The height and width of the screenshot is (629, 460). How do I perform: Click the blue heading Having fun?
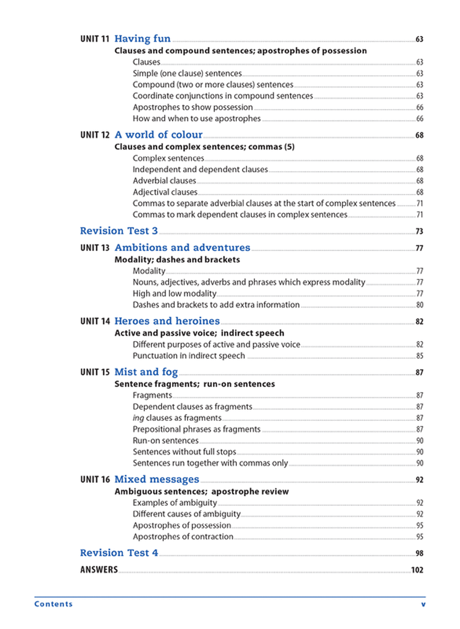tap(143, 39)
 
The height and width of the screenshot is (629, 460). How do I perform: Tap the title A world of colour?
tap(158, 135)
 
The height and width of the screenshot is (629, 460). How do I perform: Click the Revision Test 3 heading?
tap(119, 231)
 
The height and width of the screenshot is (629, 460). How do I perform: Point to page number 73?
tap(419, 231)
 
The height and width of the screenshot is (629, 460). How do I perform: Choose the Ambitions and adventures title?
tap(182, 248)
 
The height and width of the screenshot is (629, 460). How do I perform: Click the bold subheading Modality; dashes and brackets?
tap(177, 259)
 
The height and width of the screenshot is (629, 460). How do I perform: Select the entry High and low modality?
tap(174, 293)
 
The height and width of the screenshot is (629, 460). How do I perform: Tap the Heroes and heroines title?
tap(167, 321)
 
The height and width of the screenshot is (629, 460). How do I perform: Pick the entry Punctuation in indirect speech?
tap(189, 355)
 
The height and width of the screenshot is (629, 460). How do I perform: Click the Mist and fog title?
tap(146, 372)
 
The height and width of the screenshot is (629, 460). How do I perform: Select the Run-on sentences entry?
tap(166, 440)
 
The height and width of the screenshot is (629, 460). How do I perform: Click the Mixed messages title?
tap(157, 479)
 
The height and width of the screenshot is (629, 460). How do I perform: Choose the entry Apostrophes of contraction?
tap(183, 537)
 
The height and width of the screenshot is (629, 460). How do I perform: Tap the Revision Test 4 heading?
tap(119, 553)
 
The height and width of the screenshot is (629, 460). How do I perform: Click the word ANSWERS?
tap(99, 570)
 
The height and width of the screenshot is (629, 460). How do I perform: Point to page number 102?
tap(417, 571)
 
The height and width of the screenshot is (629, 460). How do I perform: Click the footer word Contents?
tap(54, 604)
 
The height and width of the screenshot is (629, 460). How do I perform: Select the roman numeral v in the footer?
tap(423, 604)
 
